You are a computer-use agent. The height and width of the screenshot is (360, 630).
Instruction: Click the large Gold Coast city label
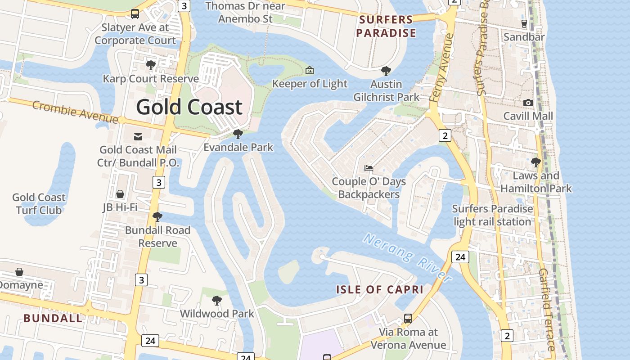(x=189, y=108)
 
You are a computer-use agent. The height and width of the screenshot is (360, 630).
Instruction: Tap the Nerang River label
(x=407, y=258)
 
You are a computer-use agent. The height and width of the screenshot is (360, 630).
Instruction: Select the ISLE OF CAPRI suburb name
(x=380, y=289)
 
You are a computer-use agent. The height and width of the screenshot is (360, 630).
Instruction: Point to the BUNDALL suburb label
(x=53, y=318)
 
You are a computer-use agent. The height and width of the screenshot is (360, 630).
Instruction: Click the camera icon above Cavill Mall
(x=528, y=103)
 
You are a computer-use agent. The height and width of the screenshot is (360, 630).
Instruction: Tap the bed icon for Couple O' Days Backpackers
(x=369, y=168)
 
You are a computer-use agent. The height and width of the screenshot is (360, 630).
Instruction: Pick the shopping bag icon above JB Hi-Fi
(x=120, y=194)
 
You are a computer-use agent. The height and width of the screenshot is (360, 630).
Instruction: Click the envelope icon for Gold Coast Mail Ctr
(x=138, y=136)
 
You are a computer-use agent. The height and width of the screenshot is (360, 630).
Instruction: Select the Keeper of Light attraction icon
(x=310, y=70)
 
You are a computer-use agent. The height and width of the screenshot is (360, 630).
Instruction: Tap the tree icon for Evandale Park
(x=238, y=134)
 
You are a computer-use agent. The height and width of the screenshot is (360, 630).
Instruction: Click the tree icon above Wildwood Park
(x=217, y=300)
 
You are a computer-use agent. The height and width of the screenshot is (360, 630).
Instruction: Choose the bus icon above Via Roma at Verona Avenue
(x=408, y=319)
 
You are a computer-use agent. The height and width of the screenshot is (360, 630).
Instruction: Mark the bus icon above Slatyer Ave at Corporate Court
(x=135, y=14)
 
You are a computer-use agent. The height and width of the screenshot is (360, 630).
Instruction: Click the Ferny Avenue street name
(x=443, y=67)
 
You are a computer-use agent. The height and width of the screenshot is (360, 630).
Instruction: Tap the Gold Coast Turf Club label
(x=39, y=203)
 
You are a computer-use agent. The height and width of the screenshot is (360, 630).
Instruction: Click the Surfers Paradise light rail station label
(x=492, y=215)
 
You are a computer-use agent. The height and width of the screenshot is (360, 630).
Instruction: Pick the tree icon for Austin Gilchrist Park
(x=386, y=71)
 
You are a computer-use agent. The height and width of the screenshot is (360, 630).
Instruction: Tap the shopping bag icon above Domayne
(x=19, y=272)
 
